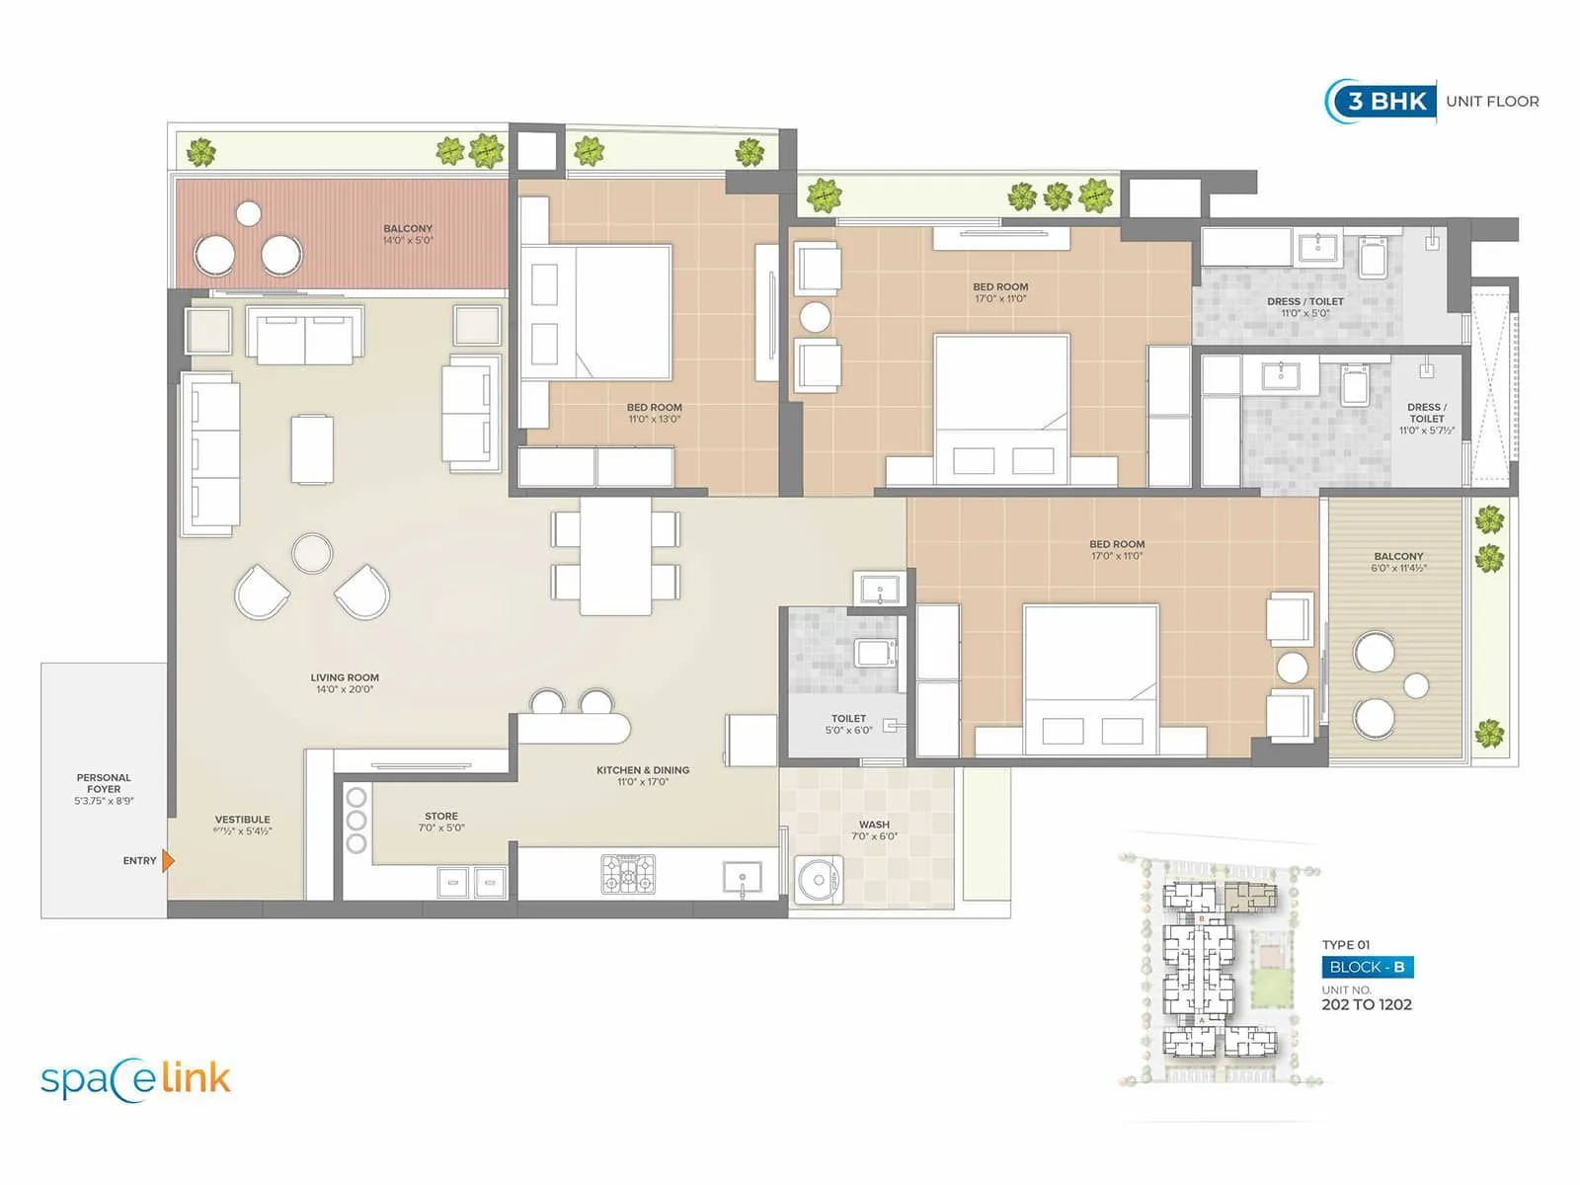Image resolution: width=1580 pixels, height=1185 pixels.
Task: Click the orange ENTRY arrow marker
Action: pos(168,861)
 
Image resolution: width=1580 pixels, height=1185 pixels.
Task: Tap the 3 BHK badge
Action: pos(1386,101)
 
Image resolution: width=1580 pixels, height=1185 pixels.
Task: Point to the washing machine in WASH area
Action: pos(819,879)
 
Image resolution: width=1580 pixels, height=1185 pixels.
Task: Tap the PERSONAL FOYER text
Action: pos(104,784)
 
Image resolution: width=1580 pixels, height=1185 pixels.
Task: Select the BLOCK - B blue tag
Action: pos(1367,967)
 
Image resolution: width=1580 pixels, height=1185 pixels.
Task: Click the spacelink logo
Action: pos(135,1079)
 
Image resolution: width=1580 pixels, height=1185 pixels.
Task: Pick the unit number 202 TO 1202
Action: pos(1367,1005)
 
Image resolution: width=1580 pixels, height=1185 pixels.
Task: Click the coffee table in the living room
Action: pos(312,449)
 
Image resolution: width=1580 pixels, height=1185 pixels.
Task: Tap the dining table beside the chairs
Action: pos(615,556)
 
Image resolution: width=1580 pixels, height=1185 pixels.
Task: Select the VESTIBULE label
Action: pos(242,820)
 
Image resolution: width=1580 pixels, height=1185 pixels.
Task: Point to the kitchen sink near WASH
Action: pos(742,876)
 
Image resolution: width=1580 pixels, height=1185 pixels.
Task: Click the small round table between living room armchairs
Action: pos(312,553)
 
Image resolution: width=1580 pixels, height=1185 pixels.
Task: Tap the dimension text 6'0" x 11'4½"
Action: pos(1399,569)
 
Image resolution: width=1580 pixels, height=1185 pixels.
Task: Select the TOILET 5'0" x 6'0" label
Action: pos(848,724)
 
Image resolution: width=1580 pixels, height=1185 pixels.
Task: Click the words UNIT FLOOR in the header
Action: pos(1492,101)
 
